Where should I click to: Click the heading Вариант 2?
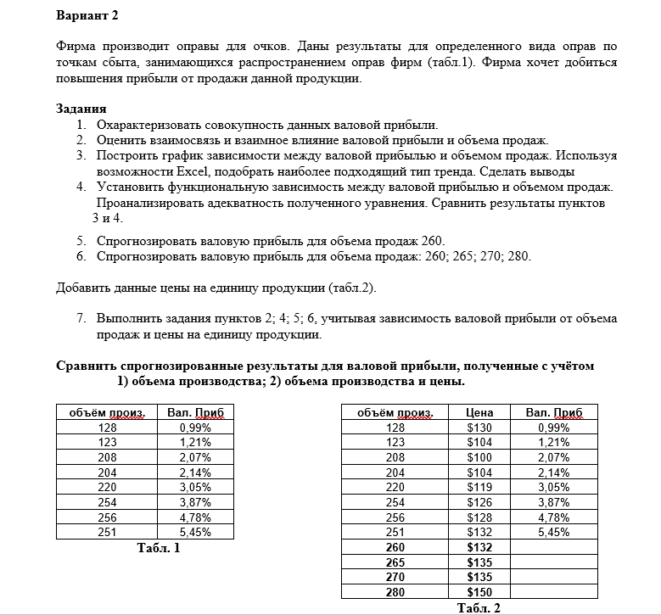[87, 14]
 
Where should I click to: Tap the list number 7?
[81, 319]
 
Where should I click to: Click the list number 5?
[81, 240]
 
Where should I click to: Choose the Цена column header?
[480, 412]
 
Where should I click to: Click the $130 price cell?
[480, 428]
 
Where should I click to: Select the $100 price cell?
[480, 456]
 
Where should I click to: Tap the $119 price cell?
[480, 487]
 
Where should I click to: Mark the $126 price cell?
[480, 501]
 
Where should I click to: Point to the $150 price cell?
[480, 592]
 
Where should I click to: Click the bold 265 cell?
[395, 562]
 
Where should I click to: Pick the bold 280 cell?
[395, 592]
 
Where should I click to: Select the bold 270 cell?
[395, 577]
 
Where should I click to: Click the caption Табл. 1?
[159, 548]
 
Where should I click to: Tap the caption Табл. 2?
[479, 607]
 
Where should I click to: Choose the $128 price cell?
[480, 517]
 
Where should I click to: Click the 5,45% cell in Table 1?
[195, 532]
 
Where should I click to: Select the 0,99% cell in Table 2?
[554, 428]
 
